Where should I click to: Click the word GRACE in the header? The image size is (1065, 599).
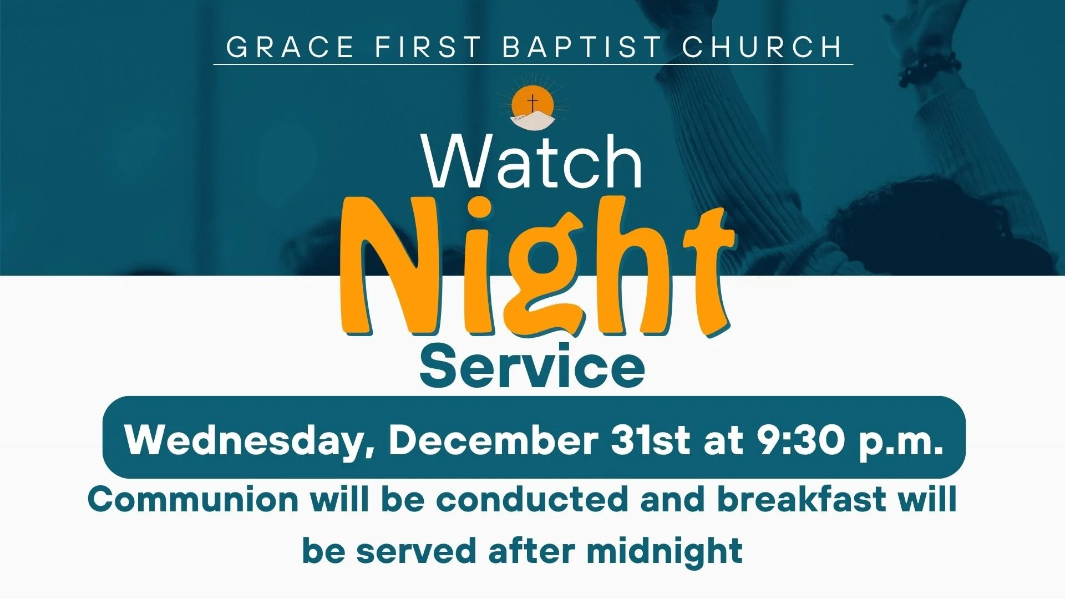290,47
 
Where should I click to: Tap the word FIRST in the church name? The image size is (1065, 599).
428,47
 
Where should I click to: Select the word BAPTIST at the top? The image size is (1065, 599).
582,47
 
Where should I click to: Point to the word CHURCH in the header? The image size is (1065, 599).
762,47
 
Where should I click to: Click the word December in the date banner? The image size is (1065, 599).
493,440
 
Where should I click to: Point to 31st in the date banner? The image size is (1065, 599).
651,440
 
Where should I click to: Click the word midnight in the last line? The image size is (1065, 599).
665,552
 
